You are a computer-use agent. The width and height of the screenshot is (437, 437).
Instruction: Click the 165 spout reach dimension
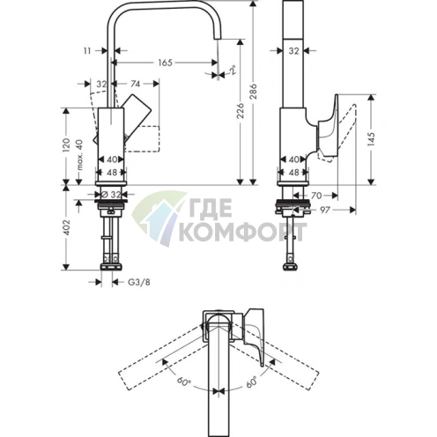coord(165,63)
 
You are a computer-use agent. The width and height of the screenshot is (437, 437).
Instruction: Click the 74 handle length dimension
coord(135,85)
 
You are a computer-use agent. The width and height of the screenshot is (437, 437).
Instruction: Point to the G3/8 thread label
coord(138,282)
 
